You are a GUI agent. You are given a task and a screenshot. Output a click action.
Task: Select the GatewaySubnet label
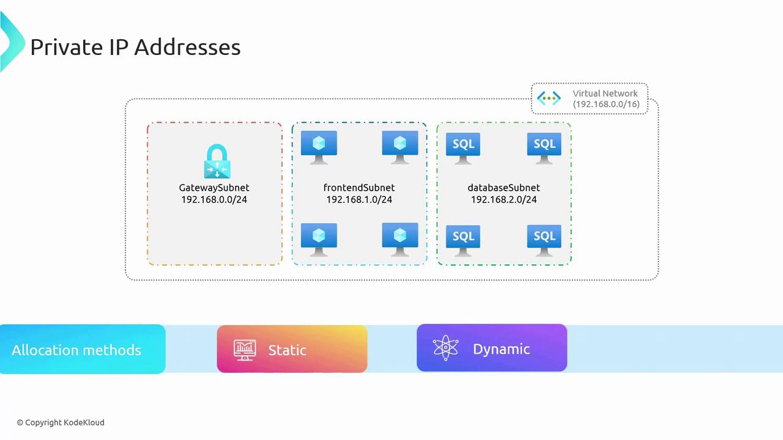[x=214, y=188]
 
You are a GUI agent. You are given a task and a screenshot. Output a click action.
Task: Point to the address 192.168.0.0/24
[x=214, y=200]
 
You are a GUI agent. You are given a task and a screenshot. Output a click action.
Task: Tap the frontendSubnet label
[x=359, y=188]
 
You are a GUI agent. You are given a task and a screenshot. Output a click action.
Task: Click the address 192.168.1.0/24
[x=359, y=200]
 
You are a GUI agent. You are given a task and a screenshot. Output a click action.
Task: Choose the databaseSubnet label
[x=503, y=188]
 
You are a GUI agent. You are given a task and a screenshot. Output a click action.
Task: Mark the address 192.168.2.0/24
[x=503, y=200]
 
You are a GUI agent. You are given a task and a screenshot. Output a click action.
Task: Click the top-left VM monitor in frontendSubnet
[x=319, y=146]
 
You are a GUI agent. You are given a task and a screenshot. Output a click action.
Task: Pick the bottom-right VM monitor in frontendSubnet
[x=400, y=238]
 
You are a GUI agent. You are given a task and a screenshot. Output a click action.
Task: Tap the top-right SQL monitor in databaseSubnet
[x=544, y=147]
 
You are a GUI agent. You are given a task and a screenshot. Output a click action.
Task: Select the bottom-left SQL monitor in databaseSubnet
[x=463, y=238]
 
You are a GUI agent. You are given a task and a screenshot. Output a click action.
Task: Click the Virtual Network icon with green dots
[x=549, y=98]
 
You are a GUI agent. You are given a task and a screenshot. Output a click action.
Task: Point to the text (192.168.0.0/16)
[x=606, y=104]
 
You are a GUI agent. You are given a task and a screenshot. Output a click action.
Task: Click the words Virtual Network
[x=605, y=94]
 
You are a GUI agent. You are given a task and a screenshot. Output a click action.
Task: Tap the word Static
[x=287, y=350]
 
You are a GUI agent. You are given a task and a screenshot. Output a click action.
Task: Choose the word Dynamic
[x=501, y=349]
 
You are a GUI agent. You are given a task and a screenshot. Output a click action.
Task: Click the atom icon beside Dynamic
[x=445, y=348]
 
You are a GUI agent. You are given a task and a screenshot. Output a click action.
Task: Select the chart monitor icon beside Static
[x=245, y=350]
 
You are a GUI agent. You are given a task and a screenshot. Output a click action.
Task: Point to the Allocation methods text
[x=76, y=350]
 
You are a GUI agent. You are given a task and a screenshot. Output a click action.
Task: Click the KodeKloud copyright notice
[x=61, y=422]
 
